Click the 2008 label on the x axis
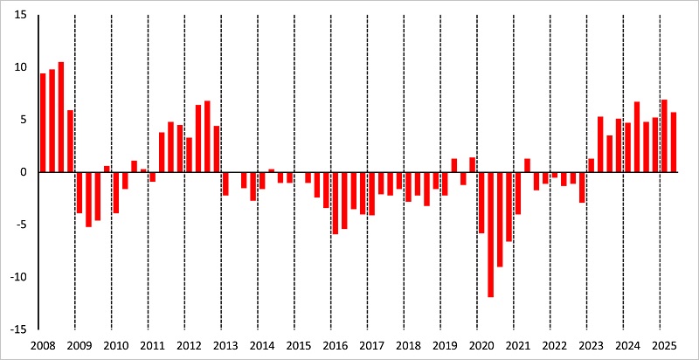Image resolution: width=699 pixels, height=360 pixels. point(42,346)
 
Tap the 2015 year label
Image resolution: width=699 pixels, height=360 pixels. point(299,346)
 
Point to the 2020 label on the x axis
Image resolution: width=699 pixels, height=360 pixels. point(482,346)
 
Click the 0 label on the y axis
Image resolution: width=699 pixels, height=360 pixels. point(24,172)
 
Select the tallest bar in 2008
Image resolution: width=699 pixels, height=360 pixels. point(61,117)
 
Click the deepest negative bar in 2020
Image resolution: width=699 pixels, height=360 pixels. point(490,234)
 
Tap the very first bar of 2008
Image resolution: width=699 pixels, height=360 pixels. point(43,122)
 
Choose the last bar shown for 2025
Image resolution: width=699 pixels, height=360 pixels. point(674,142)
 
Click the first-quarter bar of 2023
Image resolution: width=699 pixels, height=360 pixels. point(592,165)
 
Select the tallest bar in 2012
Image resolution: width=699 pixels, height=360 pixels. point(207,136)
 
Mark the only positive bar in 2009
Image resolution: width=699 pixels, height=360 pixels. point(107,169)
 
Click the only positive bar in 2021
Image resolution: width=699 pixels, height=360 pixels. point(527,165)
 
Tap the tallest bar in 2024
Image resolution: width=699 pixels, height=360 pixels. point(637,137)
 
